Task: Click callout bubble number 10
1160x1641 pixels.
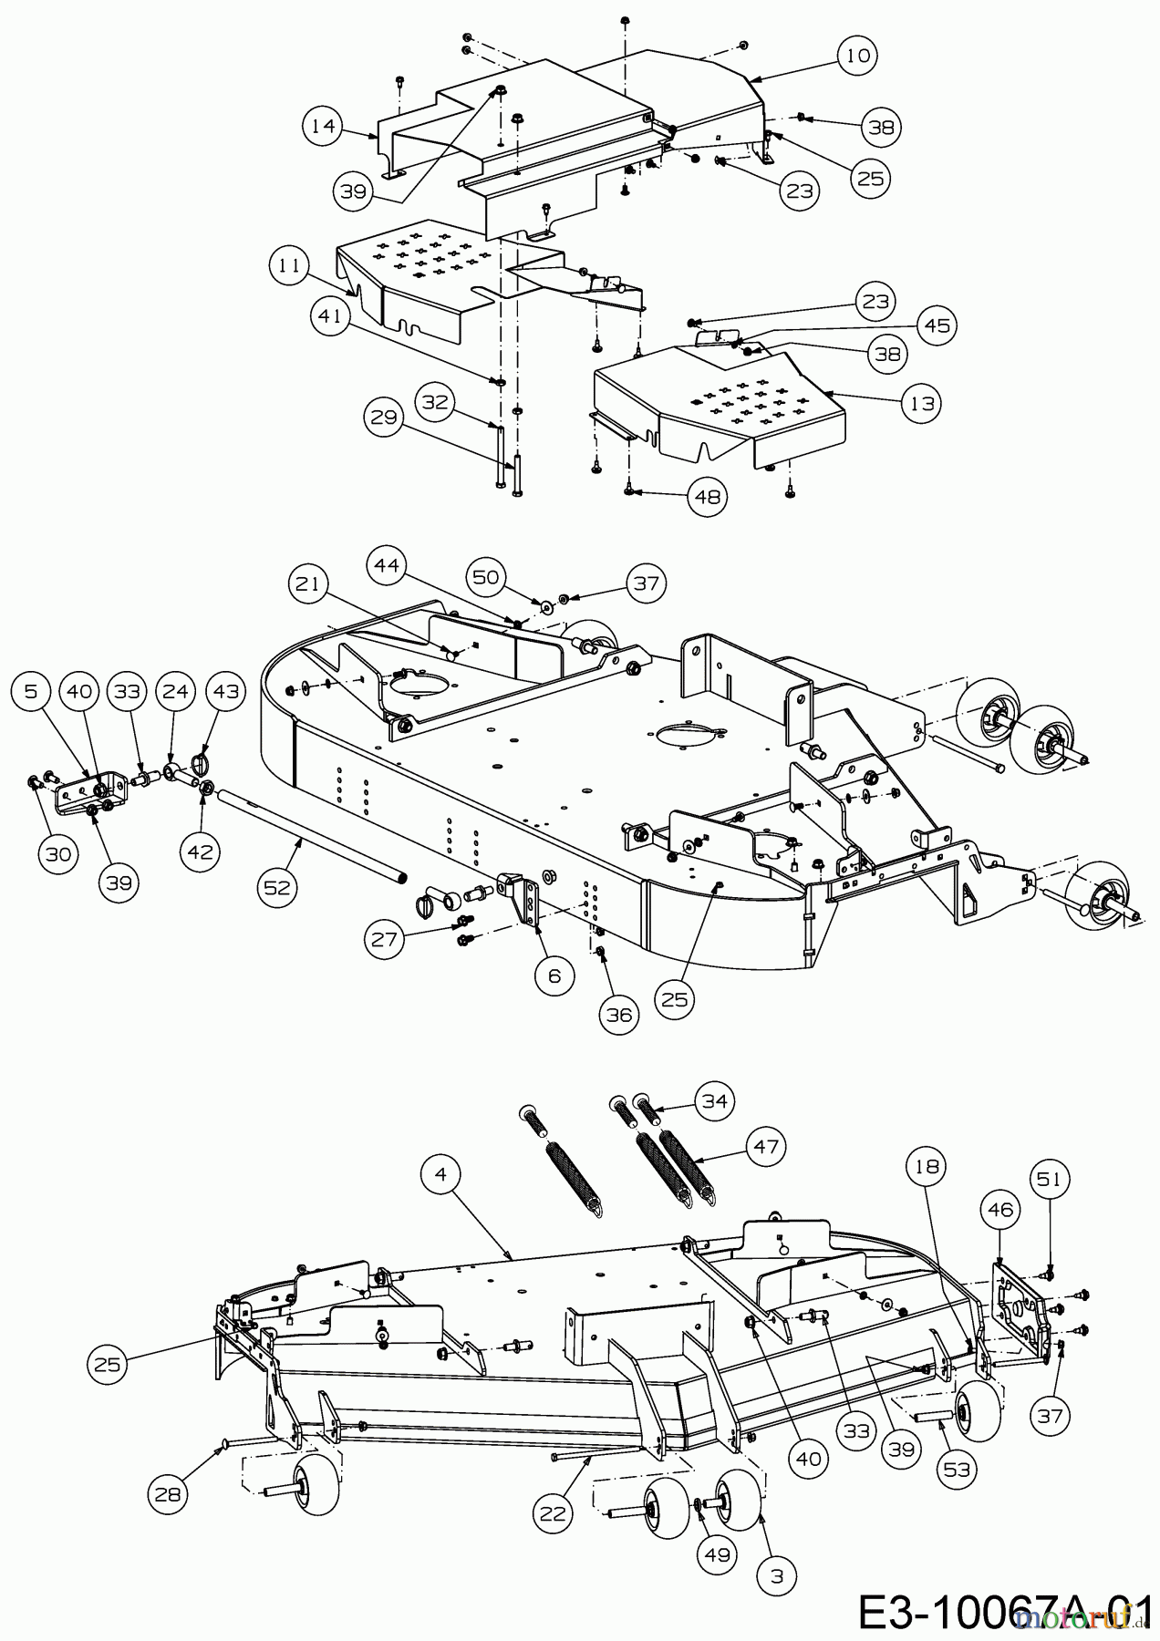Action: (x=856, y=55)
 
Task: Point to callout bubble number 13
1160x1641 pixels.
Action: (x=923, y=403)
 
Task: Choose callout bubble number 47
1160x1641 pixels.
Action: (x=766, y=1146)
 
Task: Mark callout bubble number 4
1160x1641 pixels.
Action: (x=442, y=1175)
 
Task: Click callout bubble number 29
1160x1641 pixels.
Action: (x=388, y=418)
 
